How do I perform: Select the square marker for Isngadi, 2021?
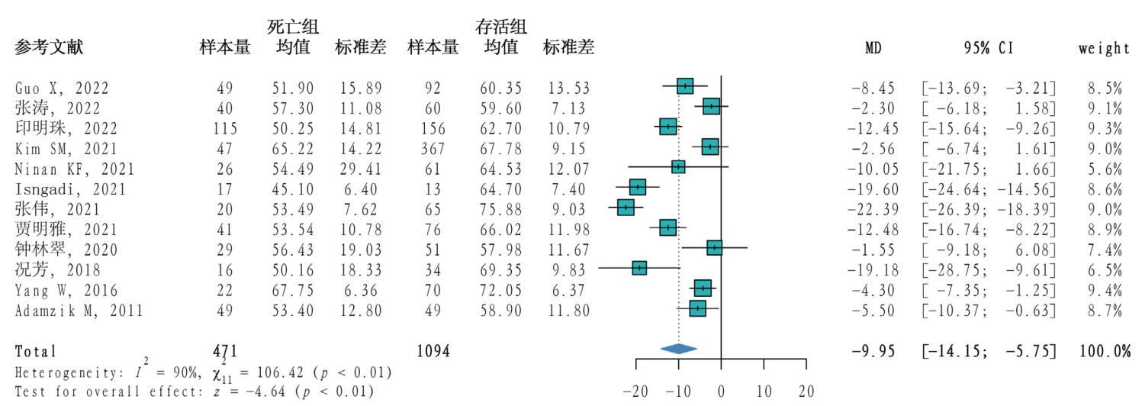[x=638, y=187]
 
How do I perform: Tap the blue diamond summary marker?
[x=679, y=349]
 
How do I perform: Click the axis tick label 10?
[x=764, y=391]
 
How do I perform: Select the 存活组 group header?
[x=501, y=27]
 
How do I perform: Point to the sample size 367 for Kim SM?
[x=433, y=147]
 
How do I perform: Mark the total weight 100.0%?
[x=1104, y=352]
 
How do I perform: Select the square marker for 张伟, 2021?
[x=626, y=207]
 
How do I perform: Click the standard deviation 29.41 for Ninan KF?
[x=359, y=167]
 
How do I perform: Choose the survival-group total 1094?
[x=433, y=352]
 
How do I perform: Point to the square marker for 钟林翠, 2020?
[x=714, y=247]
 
